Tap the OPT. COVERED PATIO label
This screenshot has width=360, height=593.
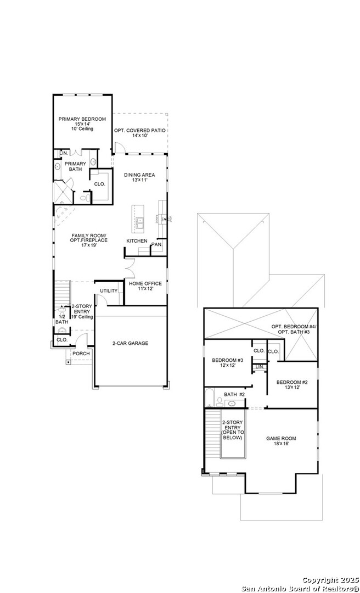139,130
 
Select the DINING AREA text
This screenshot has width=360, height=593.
139,175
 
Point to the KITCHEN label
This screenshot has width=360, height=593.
137,241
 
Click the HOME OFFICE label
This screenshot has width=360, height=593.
145,283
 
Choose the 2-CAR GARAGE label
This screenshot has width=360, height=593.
131,343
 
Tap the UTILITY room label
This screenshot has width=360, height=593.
109,290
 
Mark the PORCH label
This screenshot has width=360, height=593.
81,354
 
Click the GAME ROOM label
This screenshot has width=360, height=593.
281,438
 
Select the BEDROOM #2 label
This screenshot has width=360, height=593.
292,382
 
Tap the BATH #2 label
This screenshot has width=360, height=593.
234,394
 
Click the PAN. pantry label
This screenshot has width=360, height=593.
156,244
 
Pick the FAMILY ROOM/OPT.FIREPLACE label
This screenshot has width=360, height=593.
88,238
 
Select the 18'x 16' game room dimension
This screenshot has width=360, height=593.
281,444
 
